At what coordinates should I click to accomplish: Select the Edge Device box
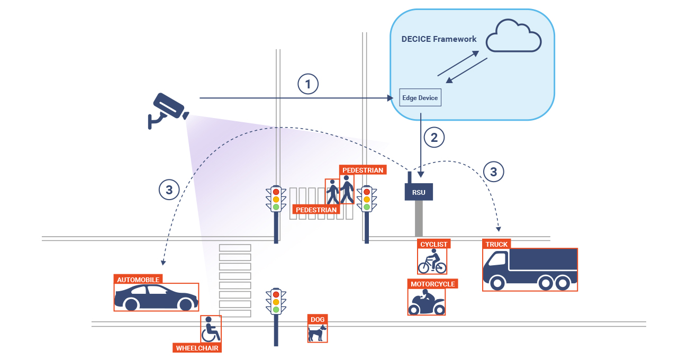coord(420,98)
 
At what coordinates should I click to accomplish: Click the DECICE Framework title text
coord(439,39)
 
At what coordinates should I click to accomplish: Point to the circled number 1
coord(308,84)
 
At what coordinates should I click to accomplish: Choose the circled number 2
coord(434,138)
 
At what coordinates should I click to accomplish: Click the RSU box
coord(419,192)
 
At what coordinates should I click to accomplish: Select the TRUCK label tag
coord(496,244)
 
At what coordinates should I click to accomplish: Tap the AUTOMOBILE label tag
coord(138,280)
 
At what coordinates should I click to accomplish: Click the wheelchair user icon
coord(210,330)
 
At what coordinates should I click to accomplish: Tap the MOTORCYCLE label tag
coord(432,284)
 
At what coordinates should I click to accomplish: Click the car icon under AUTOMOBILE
coord(156,298)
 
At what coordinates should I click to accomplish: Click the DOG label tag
coord(318,319)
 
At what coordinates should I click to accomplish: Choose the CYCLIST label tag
coord(434,244)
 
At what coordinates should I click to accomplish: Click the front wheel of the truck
coord(497,284)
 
